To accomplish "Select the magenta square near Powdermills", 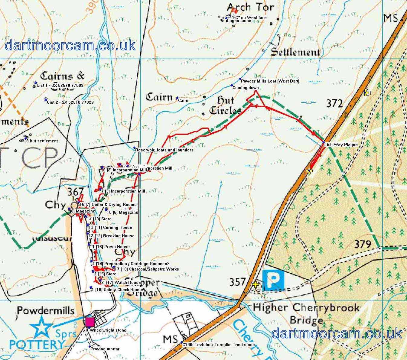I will point(90,322).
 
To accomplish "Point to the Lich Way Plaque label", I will point(341,144).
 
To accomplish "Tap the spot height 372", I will point(334,103).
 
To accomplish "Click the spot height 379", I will point(362,244).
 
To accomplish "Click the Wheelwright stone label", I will point(108,330).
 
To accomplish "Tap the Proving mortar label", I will point(105,349).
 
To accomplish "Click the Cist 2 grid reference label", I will point(70,102).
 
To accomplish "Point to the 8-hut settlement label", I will point(42,141).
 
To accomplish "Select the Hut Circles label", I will point(225,105).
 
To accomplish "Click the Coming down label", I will point(245,88).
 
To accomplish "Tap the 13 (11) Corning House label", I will point(110,227).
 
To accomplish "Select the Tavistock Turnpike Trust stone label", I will point(219,345).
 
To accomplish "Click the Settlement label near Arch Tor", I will point(295,52).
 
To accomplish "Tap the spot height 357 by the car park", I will point(237,282).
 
